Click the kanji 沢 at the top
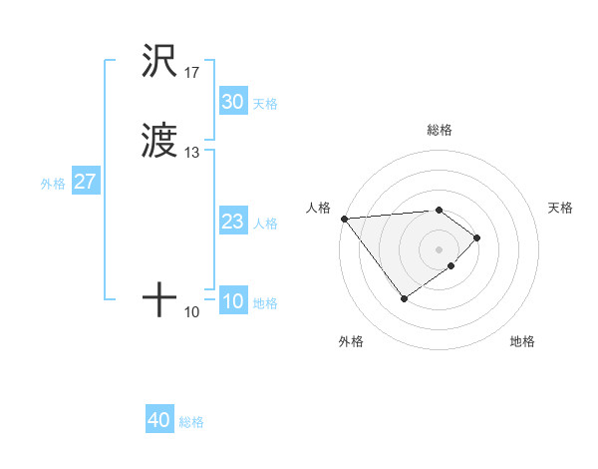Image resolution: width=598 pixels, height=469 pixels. pyautogui.click(x=160, y=62)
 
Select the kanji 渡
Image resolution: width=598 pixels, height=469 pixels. pyautogui.click(x=160, y=143)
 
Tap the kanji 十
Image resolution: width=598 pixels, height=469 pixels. pyautogui.click(x=160, y=298)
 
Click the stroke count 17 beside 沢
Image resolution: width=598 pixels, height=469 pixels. pyautogui.click(x=192, y=73)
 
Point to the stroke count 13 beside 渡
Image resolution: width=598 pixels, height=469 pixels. pyautogui.click(x=192, y=153)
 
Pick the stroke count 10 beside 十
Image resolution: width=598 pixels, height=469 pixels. pyautogui.click(x=192, y=312)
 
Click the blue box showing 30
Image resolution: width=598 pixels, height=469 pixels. pyautogui.click(x=232, y=102)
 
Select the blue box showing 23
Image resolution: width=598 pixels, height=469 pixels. pyautogui.click(x=232, y=223)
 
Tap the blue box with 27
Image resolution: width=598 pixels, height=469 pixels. pyautogui.click(x=85, y=183)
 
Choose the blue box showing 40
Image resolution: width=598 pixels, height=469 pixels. pyautogui.click(x=159, y=420)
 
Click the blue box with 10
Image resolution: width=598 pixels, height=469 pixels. pyautogui.click(x=232, y=301)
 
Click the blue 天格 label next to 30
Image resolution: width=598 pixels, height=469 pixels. pyautogui.click(x=265, y=104)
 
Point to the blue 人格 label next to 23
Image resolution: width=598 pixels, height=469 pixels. pyautogui.click(x=265, y=224)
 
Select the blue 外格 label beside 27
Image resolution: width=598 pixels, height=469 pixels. pyautogui.click(x=53, y=184)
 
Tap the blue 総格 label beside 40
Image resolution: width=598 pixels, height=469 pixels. pyautogui.click(x=191, y=422)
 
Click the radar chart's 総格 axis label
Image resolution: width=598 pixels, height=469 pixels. pyautogui.click(x=440, y=130)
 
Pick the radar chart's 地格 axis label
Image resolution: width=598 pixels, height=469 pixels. pyautogui.click(x=522, y=341)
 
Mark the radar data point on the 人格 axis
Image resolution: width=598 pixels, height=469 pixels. pyautogui.click(x=344, y=219)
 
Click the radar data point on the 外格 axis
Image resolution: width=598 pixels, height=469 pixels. pyautogui.click(x=404, y=298)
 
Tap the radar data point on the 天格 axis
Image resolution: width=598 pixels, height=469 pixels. pyautogui.click(x=478, y=237)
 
